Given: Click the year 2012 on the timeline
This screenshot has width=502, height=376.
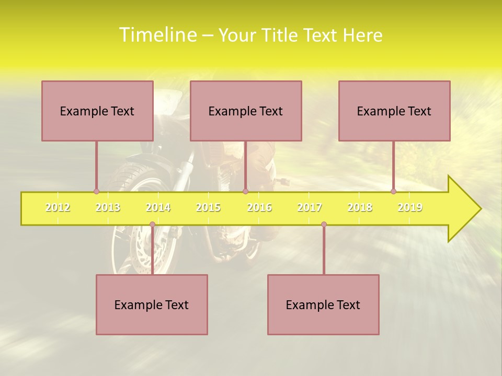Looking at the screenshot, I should coord(58,208).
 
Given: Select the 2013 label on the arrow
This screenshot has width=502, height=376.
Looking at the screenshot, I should coord(108,208).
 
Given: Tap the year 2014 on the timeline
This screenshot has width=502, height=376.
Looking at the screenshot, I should coord(158,208).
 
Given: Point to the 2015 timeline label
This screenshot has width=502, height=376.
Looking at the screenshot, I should coord(208,208).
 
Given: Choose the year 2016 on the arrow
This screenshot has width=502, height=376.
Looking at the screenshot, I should coord(259,208).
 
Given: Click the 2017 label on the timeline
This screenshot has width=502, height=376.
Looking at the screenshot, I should coord(310,208).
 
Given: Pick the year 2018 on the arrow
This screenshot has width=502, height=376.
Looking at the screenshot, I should coord(360,208).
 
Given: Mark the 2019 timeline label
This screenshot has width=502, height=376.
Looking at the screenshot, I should coord(410,208).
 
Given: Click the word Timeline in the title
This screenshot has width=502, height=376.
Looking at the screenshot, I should coord(157,35).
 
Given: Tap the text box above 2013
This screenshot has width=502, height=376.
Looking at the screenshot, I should coord(97,111).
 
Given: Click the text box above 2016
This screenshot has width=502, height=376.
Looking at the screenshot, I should coord(246,111).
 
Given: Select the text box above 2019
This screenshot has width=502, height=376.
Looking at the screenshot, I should coord(394,111).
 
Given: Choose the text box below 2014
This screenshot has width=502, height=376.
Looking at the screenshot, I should coord(152,304).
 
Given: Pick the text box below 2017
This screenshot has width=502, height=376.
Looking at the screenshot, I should coord(323,304).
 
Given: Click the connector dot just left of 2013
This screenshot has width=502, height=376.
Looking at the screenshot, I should coord(96,191).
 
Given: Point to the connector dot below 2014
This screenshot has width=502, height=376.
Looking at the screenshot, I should coord(152,225).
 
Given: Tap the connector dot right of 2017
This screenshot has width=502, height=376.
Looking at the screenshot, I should coord(324,225).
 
